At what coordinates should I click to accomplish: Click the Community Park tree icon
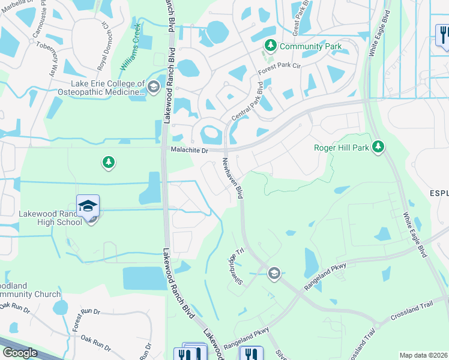pyautogui.click(x=271, y=46)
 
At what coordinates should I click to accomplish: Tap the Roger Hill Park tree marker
pyautogui.click(x=378, y=146)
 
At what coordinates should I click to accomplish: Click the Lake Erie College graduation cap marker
pyautogui.click(x=153, y=87)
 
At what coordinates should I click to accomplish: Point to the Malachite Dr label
pyautogui.click(x=189, y=150)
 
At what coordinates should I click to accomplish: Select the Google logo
pyautogui.click(x=20, y=353)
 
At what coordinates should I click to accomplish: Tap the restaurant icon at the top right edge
pyautogui.click(x=444, y=34)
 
